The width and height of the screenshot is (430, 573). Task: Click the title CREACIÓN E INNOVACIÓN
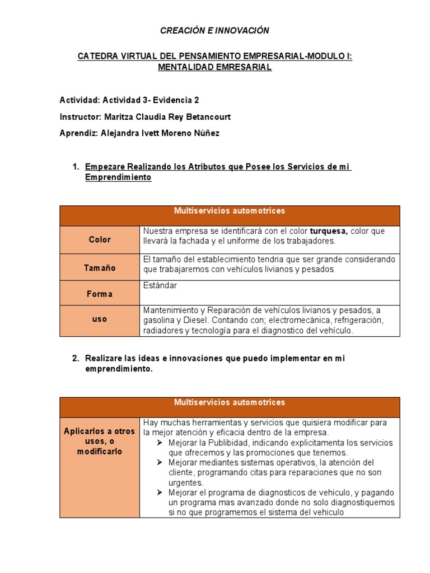click(214, 31)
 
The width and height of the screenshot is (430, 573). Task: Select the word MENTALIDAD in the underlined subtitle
click(185, 67)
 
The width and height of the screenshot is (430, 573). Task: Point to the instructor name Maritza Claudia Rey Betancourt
click(167, 117)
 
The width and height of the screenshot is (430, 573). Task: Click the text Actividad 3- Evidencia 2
click(151, 100)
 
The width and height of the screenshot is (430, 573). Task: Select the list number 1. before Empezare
click(76, 167)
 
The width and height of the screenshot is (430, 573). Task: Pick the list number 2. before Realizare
click(76, 358)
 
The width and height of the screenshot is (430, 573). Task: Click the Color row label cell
click(100, 239)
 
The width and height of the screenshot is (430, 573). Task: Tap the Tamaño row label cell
click(100, 268)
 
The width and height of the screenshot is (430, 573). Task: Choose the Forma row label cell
click(100, 294)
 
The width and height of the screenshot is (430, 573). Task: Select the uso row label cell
click(100, 319)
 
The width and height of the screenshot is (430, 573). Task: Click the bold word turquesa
click(329, 231)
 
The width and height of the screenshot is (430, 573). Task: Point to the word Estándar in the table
click(160, 286)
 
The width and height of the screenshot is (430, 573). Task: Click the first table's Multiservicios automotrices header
click(230, 211)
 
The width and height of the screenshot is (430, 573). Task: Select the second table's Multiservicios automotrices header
click(230, 402)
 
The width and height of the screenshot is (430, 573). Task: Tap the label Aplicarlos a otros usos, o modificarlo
click(100, 442)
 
